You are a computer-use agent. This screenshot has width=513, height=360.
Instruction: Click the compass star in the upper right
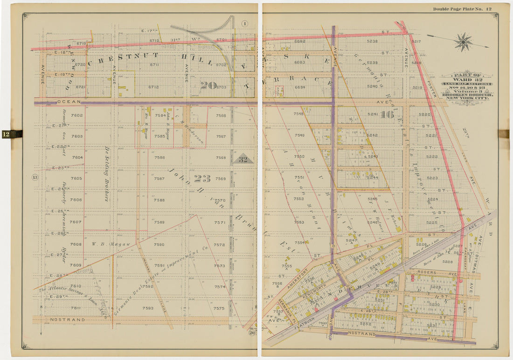(463, 42)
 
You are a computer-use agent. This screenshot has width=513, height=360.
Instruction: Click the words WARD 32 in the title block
(467, 79)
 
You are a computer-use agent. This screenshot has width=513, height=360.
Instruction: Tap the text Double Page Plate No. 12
(462, 9)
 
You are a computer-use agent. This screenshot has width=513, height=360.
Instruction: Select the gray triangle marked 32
(243, 159)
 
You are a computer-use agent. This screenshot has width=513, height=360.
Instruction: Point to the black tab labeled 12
(12, 134)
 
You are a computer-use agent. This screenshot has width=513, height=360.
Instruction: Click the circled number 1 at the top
(245, 24)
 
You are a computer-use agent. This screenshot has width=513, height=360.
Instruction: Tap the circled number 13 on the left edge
(35, 177)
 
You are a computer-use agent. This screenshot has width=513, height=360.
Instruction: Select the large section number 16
(387, 114)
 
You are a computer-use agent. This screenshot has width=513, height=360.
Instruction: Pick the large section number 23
(202, 178)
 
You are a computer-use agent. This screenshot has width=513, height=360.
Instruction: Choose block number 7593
(148, 308)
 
